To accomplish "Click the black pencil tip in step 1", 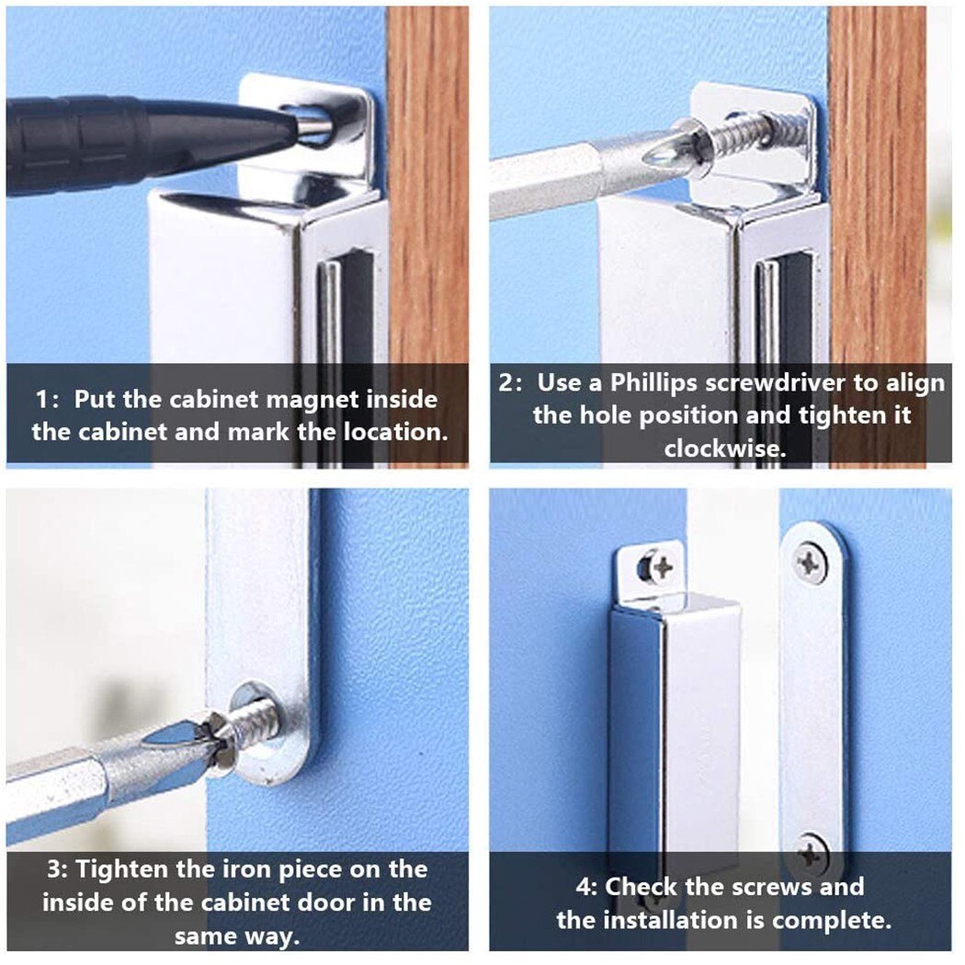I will click(x=276, y=134).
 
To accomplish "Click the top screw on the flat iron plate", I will click(x=810, y=562).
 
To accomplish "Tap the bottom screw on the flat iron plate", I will click(x=812, y=854).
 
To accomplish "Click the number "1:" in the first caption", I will click(x=49, y=400).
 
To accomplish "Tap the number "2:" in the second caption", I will click(x=513, y=382).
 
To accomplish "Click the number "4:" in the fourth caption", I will click(x=587, y=887).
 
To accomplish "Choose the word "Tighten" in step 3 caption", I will click(x=125, y=868).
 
